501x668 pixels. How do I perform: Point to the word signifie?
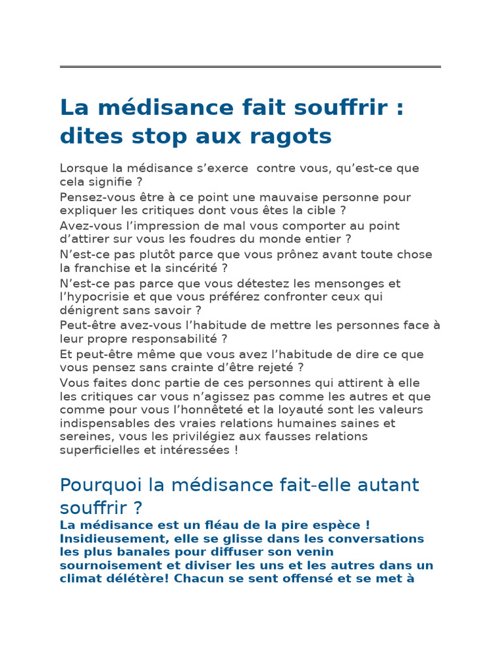110,181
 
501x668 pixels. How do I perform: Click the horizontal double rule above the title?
250,67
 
